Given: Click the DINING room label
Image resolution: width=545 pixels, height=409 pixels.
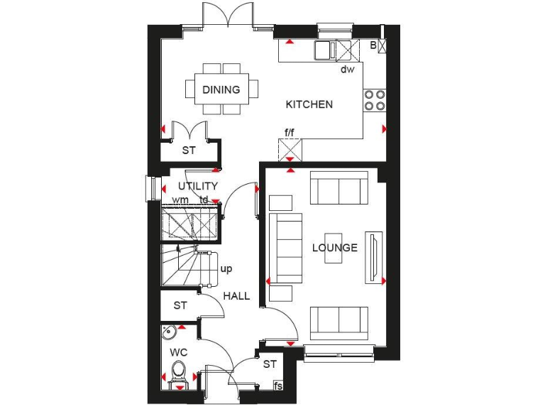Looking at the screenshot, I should click(221, 90).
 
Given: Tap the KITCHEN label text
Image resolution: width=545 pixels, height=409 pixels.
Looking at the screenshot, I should click(309, 104).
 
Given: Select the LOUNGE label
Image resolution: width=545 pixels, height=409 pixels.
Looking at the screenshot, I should click(334, 248).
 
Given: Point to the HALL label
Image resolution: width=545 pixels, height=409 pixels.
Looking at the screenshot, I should click(236, 295).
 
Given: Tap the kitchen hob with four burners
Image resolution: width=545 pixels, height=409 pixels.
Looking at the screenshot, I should click(375, 100).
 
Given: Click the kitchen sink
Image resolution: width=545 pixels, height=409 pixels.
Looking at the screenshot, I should click(326, 50).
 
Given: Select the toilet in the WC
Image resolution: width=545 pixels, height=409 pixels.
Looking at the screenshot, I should click(179, 371).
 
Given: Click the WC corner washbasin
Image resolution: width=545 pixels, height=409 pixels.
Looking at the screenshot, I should click(169, 332).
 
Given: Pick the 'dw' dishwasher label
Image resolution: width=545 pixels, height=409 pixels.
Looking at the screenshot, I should click(347, 69).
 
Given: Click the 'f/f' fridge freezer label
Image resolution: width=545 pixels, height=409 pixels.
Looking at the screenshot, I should click(290, 132).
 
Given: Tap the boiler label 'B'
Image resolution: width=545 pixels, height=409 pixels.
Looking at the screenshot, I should click(373, 45).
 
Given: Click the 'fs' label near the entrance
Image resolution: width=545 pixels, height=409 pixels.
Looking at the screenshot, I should click(278, 386).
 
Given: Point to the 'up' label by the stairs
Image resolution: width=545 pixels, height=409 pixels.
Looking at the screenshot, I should click(226, 268).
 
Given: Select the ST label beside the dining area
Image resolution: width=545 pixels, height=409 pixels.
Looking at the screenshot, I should click(188, 151).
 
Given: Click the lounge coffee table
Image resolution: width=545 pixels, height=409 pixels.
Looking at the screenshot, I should click(334, 248).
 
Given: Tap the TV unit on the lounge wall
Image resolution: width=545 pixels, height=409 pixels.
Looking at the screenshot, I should click(373, 256).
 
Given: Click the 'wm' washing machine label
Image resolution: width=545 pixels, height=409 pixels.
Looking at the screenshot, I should click(180, 200).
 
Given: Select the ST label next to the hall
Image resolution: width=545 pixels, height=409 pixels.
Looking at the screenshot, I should click(180, 305).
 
